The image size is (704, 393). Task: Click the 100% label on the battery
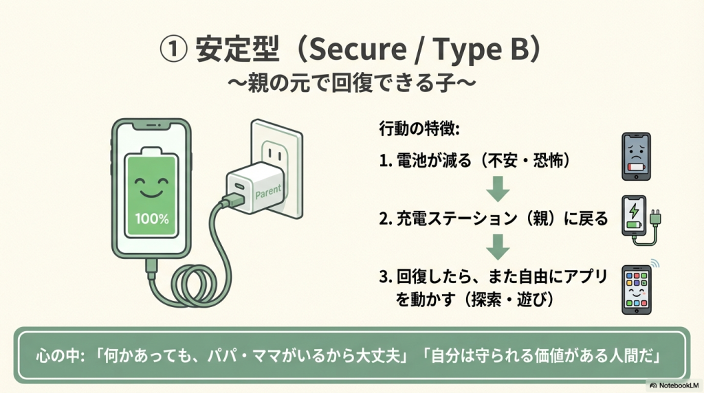pos(152,219)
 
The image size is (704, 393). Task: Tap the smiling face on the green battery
pos(151,186)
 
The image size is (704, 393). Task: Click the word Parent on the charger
pos(268,192)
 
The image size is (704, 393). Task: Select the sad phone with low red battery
pos(636,157)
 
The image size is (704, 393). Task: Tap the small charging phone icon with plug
pos(641,221)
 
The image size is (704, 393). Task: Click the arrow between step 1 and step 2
pos(498,189)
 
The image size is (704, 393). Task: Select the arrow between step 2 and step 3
pos(498,247)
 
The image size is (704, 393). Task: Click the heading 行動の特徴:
pos(419,128)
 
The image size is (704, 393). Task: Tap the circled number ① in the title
pos(173,49)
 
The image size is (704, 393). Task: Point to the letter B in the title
pos(520,49)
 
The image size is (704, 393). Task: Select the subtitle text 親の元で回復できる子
pos(351,84)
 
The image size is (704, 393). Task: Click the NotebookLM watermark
pos(674,385)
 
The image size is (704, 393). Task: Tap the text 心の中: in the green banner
pos(60,356)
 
